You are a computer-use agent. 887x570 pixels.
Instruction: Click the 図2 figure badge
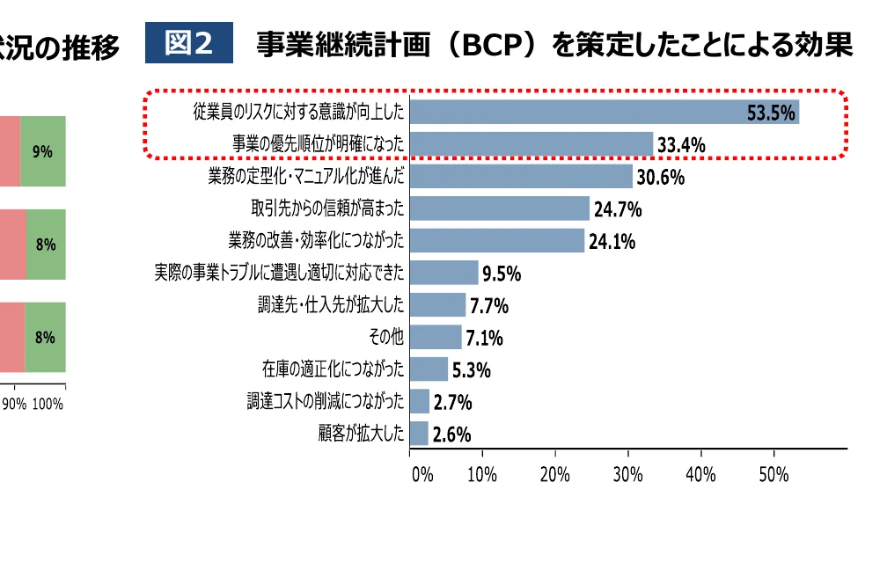click(x=189, y=43)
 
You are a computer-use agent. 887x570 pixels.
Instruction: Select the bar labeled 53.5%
click(x=605, y=112)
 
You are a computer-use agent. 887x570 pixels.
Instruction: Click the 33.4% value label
click(x=681, y=145)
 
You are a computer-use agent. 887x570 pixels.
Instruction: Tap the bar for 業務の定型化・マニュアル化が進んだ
click(x=521, y=176)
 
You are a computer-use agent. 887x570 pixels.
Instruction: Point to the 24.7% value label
click(x=618, y=210)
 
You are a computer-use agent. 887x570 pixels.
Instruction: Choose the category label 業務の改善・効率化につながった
click(x=317, y=240)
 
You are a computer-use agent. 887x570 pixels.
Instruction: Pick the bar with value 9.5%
click(x=444, y=273)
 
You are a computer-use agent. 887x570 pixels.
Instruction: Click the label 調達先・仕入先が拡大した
click(x=332, y=305)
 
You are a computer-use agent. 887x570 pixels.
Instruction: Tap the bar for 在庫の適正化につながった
click(x=429, y=369)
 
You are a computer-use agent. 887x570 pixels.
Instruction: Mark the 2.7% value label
click(x=453, y=403)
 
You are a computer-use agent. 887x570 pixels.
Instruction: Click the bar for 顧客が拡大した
click(x=419, y=434)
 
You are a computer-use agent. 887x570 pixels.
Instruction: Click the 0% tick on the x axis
click(x=422, y=475)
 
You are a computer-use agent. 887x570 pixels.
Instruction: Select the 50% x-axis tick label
click(x=773, y=475)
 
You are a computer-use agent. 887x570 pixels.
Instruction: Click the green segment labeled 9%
click(x=42, y=151)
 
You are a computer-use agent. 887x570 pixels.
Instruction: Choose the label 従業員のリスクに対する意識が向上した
click(x=299, y=113)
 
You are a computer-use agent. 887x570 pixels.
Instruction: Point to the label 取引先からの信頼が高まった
click(x=328, y=208)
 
